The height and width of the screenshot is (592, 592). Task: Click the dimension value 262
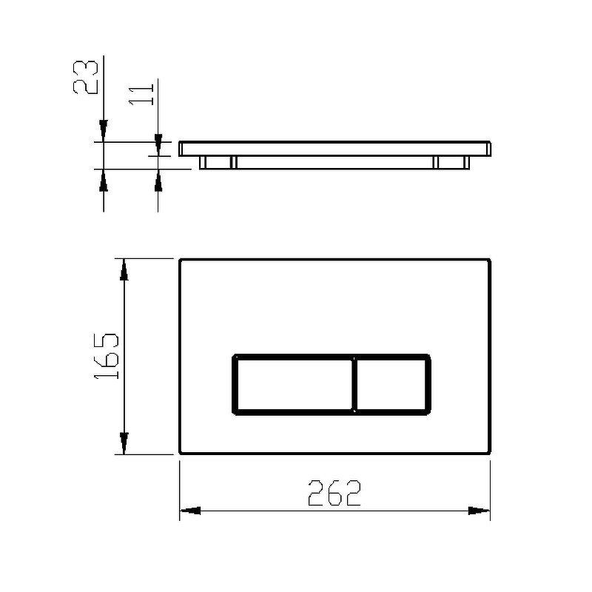334,493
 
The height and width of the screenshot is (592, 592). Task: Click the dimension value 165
106,356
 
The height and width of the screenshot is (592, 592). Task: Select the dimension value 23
85,77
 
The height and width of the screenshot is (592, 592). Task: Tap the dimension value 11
141,95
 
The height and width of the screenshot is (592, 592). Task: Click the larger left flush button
294,384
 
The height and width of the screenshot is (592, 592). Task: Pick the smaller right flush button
391,384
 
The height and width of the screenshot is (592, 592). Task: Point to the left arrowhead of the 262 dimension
190,511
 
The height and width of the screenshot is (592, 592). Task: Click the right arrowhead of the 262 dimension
479,511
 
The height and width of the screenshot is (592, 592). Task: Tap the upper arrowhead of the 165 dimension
124,270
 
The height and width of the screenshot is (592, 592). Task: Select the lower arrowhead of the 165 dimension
124,443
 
